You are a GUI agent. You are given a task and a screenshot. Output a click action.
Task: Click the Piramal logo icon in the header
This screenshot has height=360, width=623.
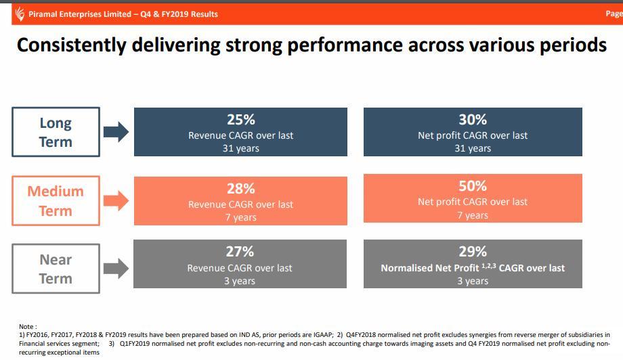pyautogui.click(x=20, y=14)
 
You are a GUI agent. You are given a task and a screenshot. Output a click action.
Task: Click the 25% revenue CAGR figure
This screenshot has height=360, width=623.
pyautogui.click(x=240, y=120)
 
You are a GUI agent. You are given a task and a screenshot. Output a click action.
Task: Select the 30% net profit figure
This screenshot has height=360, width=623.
pyautogui.click(x=473, y=120)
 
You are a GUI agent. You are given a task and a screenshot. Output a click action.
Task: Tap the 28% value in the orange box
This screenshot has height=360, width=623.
pyautogui.click(x=240, y=189)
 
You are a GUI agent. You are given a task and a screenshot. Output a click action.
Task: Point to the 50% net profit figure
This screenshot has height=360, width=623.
pyautogui.click(x=473, y=186)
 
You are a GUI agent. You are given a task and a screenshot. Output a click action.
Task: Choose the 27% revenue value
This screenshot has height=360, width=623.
pyautogui.click(x=240, y=252)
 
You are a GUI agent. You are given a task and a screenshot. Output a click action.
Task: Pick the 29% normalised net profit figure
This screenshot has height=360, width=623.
pyautogui.click(x=473, y=252)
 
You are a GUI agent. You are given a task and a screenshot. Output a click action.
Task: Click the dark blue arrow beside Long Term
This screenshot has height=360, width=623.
pyautogui.click(x=116, y=132)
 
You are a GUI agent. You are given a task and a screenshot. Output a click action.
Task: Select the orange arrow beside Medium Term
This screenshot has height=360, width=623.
pyautogui.click(x=116, y=200)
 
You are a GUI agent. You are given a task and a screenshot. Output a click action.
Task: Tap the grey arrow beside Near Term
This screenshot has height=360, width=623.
pyautogui.click(x=116, y=269)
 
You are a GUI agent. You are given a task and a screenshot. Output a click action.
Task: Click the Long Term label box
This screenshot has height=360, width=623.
pyautogui.click(x=56, y=132)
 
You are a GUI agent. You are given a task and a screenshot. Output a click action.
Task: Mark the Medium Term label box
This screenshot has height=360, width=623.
pyautogui.click(x=56, y=200)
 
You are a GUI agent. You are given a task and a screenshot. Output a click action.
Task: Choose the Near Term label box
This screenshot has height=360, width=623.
pyautogui.click(x=56, y=269)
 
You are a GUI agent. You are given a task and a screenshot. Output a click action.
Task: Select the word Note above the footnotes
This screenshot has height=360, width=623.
pyautogui.click(x=28, y=327)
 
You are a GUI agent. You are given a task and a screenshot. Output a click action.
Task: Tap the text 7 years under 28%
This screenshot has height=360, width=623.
pyautogui.click(x=240, y=217)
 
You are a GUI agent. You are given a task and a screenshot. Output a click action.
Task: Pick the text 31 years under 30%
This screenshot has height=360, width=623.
pyautogui.click(x=473, y=148)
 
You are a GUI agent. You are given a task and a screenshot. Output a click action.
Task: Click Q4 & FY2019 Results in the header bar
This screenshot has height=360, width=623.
pyautogui.click(x=179, y=14)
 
